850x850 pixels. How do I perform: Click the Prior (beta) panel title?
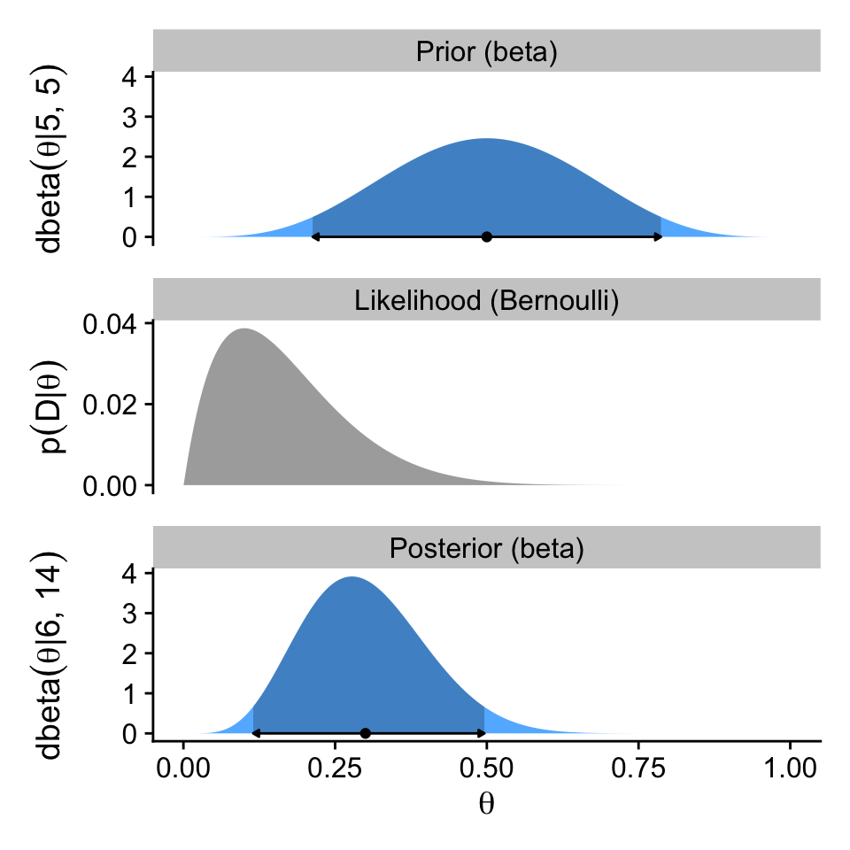click(486, 53)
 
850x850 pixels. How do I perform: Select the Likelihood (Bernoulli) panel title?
click(486, 300)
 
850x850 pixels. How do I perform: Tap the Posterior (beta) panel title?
click(486, 549)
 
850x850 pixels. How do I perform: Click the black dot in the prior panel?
click(486, 236)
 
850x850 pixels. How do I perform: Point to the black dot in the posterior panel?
click(365, 733)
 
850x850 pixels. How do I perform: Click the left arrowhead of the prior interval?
click(315, 236)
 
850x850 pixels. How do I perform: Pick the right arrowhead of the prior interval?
click(658, 236)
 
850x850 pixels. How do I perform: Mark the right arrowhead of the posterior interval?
click(482, 733)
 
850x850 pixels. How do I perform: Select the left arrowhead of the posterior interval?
click(256, 733)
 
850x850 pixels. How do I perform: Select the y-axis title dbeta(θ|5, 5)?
click(51, 158)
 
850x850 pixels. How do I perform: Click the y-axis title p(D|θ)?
click(51, 405)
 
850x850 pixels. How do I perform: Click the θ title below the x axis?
click(486, 804)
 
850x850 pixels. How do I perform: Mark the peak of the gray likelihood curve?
click(243, 330)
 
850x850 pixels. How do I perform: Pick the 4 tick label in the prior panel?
click(130, 76)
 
